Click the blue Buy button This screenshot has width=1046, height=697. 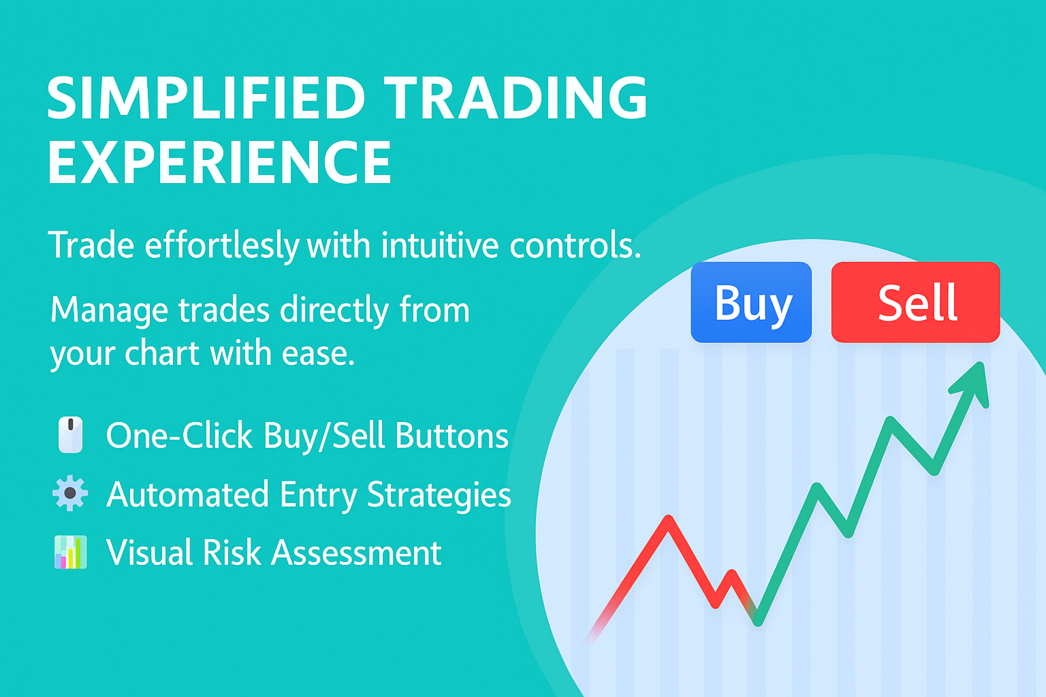(751, 302)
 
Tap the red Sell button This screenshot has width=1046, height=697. (916, 302)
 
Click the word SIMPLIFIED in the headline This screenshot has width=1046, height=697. (206, 99)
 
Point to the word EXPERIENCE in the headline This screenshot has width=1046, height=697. (219, 163)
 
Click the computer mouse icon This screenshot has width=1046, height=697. (71, 435)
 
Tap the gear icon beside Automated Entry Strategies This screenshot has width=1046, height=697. (70, 493)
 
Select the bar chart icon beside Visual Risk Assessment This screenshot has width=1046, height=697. (71, 552)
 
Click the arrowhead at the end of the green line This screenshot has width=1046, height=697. (972, 384)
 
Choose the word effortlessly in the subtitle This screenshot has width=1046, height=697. (222, 246)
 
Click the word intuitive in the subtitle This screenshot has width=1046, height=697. (440, 246)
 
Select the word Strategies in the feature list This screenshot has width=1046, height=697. (439, 495)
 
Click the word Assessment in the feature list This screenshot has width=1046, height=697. (356, 553)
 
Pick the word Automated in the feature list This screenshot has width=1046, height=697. (188, 494)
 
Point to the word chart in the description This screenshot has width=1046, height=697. (163, 353)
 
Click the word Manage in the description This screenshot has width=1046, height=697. (109, 310)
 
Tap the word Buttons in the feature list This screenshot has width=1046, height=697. (452, 436)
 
